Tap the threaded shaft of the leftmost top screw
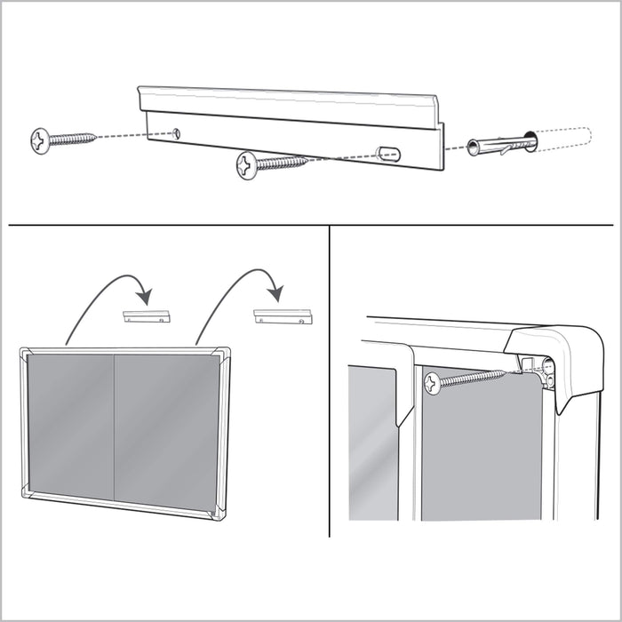pyautogui.click(x=74, y=139)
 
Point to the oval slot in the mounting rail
pyautogui.click(x=388, y=153)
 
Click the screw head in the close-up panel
pyautogui.click(x=433, y=383)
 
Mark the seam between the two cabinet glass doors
pyautogui.click(x=114, y=430)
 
